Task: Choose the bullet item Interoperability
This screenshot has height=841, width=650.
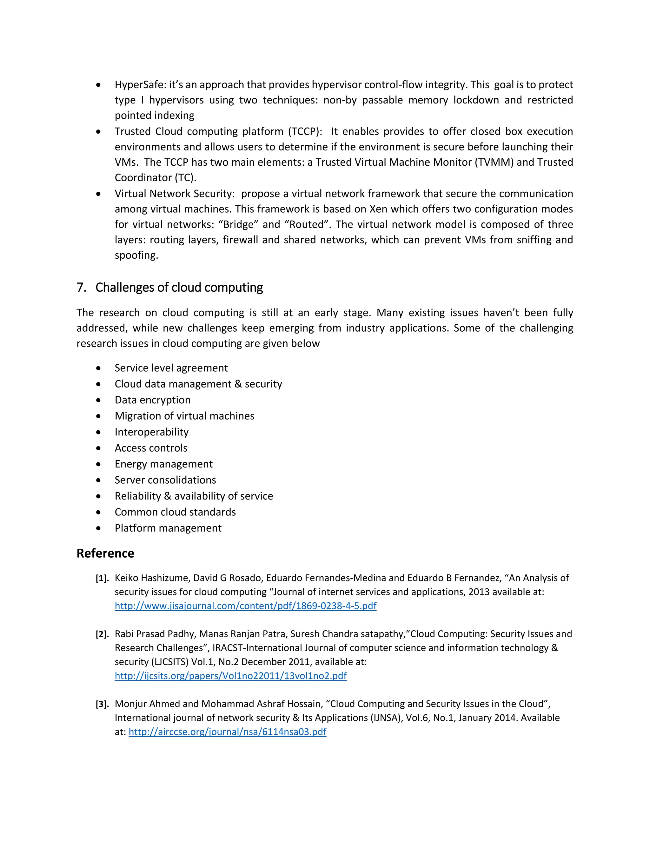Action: click(151, 432)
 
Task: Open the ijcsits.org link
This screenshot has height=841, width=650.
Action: click(230, 675)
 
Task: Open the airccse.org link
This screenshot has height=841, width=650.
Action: click(227, 731)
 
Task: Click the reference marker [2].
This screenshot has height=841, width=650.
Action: click(102, 634)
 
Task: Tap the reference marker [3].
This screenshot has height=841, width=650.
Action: click(102, 704)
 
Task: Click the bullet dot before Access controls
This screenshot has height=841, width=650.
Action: click(99, 448)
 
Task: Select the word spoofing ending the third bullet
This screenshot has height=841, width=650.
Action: click(136, 255)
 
